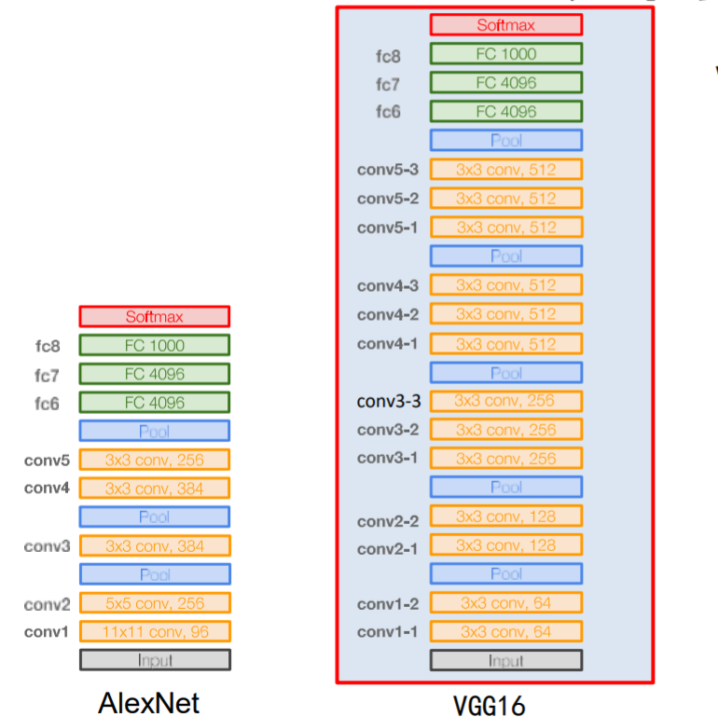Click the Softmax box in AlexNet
[x=154, y=317]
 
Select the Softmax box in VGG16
[x=505, y=25]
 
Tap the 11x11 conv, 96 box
[x=154, y=632]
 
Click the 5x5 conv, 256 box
[x=154, y=603]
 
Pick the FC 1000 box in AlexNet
[x=154, y=346]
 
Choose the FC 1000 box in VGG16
[x=505, y=54]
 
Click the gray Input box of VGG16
[x=505, y=661]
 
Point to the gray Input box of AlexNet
[x=154, y=661]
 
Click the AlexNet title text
[x=148, y=702]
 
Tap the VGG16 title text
[x=489, y=705]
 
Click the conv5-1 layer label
[x=387, y=228]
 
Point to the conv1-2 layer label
[x=387, y=604]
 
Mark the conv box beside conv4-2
[x=505, y=314]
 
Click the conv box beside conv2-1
[x=505, y=545]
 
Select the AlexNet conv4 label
[x=47, y=488]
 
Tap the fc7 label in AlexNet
[x=47, y=375]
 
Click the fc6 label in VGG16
[x=388, y=112]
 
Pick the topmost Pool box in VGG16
[x=505, y=141]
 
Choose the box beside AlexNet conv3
[x=154, y=545]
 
